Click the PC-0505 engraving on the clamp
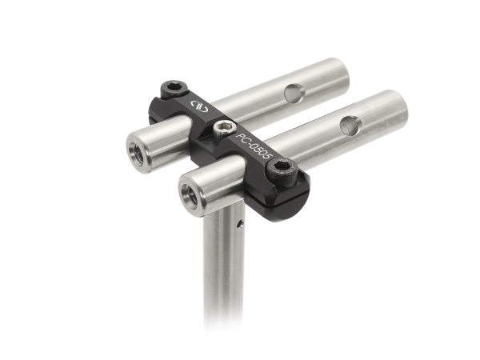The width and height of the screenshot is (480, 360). point(254,146)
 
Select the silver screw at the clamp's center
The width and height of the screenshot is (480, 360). point(224,127)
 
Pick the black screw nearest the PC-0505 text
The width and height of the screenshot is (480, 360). point(282,167)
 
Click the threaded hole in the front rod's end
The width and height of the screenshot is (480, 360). point(192,193)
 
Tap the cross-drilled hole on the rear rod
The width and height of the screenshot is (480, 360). point(295,94)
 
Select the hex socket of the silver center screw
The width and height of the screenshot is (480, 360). point(224,126)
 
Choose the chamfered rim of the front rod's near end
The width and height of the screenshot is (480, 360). point(181,193)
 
